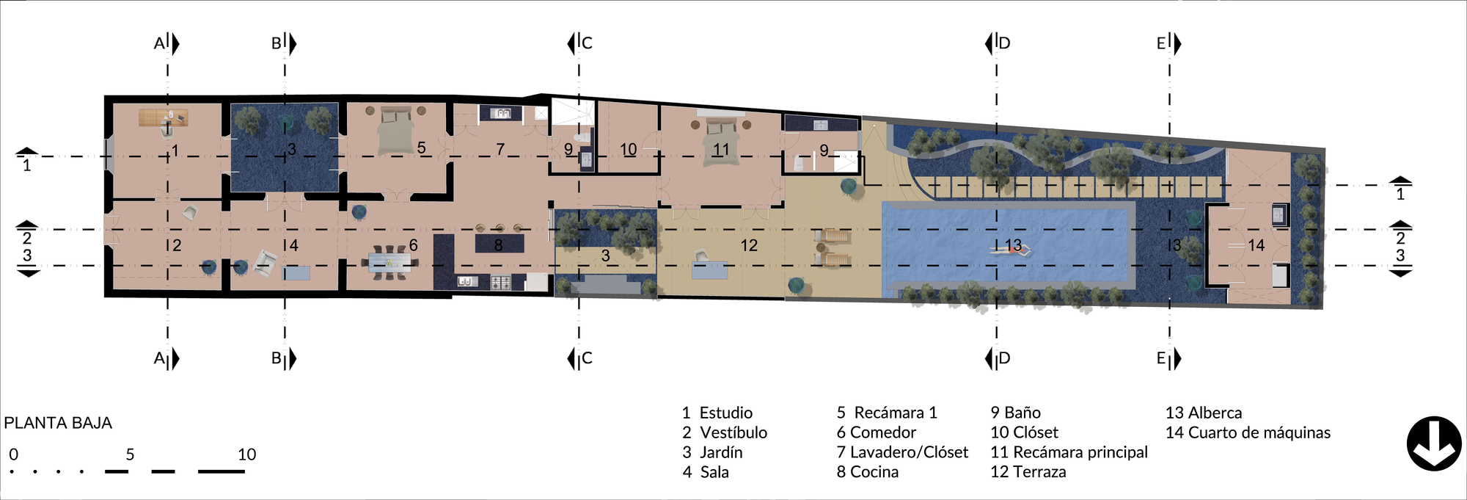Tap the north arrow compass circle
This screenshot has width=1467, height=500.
(1434, 443)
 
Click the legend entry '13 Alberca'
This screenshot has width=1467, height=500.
(1203, 413)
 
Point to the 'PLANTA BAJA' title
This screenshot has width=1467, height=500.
(58, 423)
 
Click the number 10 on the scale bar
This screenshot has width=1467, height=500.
(247, 454)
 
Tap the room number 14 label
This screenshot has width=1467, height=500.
(1256, 245)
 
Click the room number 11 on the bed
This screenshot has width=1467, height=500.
(721, 149)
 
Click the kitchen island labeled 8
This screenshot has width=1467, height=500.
(499, 244)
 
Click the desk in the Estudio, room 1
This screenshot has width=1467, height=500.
(163, 117)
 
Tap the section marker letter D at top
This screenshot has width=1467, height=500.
(1004, 43)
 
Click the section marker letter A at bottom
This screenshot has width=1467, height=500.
(158, 358)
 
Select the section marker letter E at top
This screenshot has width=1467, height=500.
(1161, 43)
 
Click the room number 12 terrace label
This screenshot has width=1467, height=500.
(749, 245)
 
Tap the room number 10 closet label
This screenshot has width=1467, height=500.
(629, 150)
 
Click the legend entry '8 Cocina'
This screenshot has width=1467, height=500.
(867, 472)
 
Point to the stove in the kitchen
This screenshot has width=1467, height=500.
(500, 282)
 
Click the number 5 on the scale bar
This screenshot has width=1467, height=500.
(130, 454)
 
